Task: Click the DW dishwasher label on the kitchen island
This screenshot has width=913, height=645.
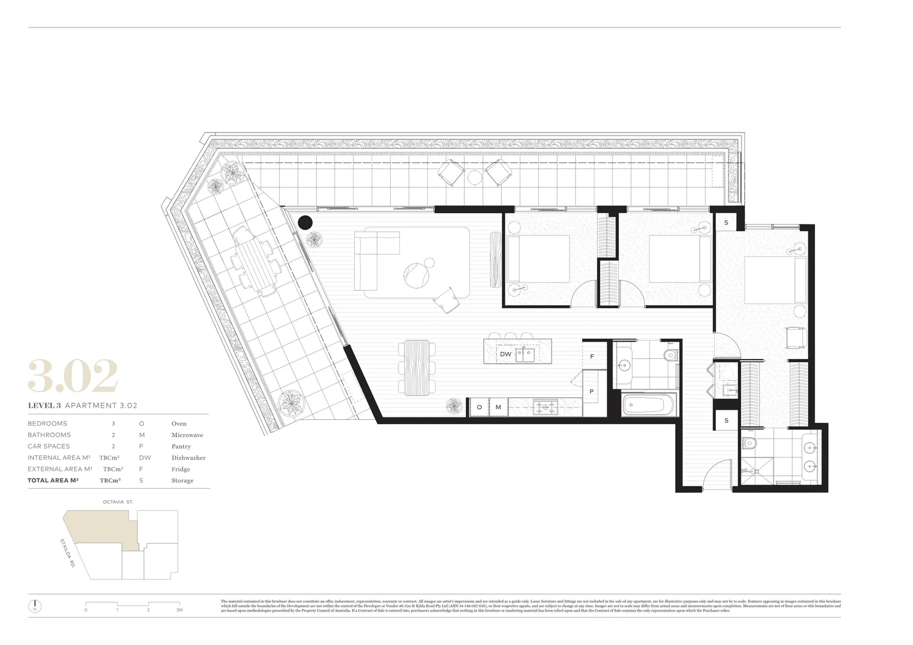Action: pyautogui.click(x=505, y=354)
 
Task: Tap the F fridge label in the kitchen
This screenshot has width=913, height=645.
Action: pyautogui.click(x=592, y=357)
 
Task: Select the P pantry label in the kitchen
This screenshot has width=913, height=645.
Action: pyautogui.click(x=592, y=392)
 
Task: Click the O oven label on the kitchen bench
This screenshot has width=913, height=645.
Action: pyautogui.click(x=479, y=407)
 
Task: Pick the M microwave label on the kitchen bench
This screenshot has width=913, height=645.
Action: pyautogui.click(x=498, y=407)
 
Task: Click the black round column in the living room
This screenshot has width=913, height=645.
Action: pyautogui.click(x=305, y=223)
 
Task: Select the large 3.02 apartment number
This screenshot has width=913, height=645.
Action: pyautogui.click(x=73, y=377)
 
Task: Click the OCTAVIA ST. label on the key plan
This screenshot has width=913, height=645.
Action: pyautogui.click(x=118, y=502)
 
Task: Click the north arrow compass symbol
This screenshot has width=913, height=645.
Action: pyautogui.click(x=35, y=606)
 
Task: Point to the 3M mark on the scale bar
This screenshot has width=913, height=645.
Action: pyautogui.click(x=179, y=610)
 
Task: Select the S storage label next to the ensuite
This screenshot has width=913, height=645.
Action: pyautogui.click(x=726, y=420)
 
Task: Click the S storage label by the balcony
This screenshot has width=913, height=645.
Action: pyautogui.click(x=726, y=223)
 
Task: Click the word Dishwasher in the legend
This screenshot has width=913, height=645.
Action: pyautogui.click(x=188, y=458)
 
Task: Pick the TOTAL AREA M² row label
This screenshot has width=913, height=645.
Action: pyautogui.click(x=53, y=480)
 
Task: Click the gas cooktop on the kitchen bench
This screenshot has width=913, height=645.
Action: pyautogui.click(x=546, y=407)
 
